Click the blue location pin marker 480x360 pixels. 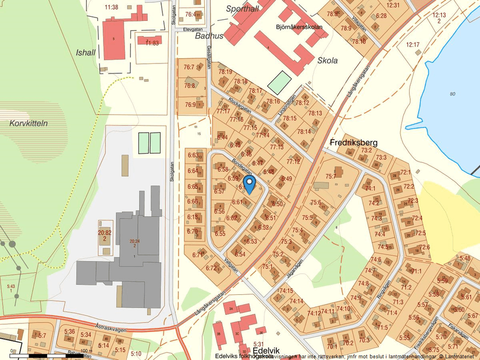(x=249, y=184)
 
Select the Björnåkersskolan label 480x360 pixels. (x=299, y=27)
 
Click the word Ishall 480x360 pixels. (x=86, y=52)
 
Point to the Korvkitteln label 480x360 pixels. (x=29, y=124)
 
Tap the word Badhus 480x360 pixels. (x=209, y=36)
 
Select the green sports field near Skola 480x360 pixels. (x=279, y=83)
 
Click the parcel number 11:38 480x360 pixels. (x=111, y=8)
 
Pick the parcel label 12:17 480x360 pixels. (x=413, y=45)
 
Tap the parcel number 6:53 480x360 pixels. (x=250, y=241)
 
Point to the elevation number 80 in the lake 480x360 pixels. (x=453, y=94)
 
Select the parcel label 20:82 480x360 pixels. (x=105, y=233)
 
